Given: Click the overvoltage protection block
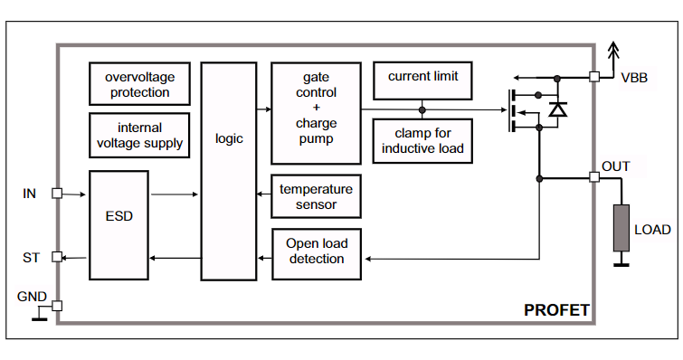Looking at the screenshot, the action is coord(139,83).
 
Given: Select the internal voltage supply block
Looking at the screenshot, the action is coord(139,135).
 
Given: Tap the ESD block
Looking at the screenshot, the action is coord(119,225).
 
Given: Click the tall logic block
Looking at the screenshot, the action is coord(229,171).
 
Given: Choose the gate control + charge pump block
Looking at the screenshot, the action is coord(317,113).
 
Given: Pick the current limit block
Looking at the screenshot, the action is coord(422,81).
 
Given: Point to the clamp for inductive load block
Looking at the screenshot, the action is coord(422,141).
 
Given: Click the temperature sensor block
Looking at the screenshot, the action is coord(317,196).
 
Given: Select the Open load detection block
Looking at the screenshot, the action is coord(317,254).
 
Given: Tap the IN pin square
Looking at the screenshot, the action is coord(57,194).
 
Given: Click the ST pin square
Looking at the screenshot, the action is coord(57,257).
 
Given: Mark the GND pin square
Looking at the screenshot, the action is coord(57,306).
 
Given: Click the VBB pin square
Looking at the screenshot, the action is coord(594,77).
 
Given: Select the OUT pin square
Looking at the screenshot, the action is coord(594,177).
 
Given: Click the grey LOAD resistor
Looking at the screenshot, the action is coord(621,228).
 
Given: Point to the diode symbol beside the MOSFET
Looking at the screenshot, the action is coord(557,109).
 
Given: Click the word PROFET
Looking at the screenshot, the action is coord(556,310).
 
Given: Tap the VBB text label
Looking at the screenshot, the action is coord(634,78).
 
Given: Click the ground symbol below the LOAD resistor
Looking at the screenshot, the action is coord(621,261).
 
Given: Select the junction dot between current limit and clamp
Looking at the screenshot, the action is coord(422,110).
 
